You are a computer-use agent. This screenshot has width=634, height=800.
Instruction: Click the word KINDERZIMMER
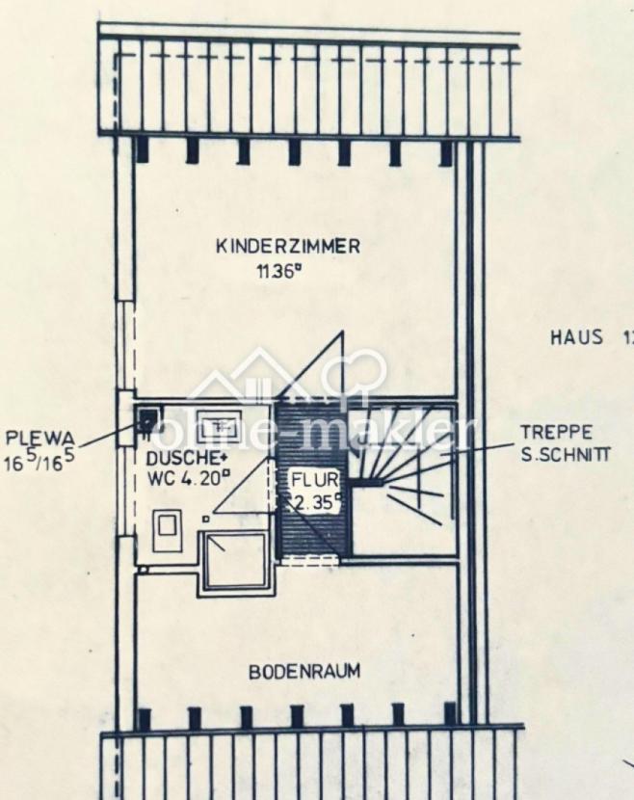coord(288,247)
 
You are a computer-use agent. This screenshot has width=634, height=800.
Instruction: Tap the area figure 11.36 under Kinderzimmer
coord(277,271)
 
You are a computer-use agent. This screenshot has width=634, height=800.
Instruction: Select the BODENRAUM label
coord(304,672)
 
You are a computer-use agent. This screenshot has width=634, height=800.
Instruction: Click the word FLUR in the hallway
coord(316,480)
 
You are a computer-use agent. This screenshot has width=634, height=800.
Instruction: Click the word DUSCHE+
coord(186,459)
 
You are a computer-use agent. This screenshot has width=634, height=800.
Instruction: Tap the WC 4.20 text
coord(189,479)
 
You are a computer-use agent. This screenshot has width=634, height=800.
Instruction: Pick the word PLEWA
coord(40,439)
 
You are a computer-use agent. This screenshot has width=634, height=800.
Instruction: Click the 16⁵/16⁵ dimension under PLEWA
coord(39,461)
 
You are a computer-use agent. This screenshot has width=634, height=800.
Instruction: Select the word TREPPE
coord(557,433)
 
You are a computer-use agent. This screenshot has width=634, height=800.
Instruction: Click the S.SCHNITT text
coord(566,454)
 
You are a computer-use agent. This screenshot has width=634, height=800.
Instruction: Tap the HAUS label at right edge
coord(577,337)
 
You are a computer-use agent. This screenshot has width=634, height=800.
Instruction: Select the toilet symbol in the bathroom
coord(168,531)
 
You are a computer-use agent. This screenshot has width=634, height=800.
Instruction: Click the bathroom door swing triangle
coord(242,487)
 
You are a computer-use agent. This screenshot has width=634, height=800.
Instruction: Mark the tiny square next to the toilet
coord(205,519)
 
